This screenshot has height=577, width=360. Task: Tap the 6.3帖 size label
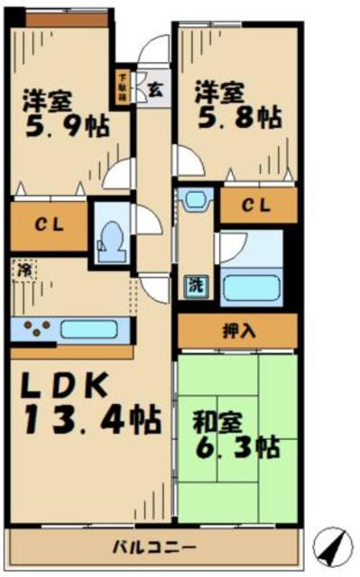pyautogui.click(x=236, y=447)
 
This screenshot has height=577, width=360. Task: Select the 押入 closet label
pyautogui.click(x=238, y=330)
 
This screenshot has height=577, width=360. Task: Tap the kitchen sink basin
pyautogui.click(x=86, y=329)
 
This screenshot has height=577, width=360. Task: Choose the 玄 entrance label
pyautogui.click(x=154, y=90)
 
